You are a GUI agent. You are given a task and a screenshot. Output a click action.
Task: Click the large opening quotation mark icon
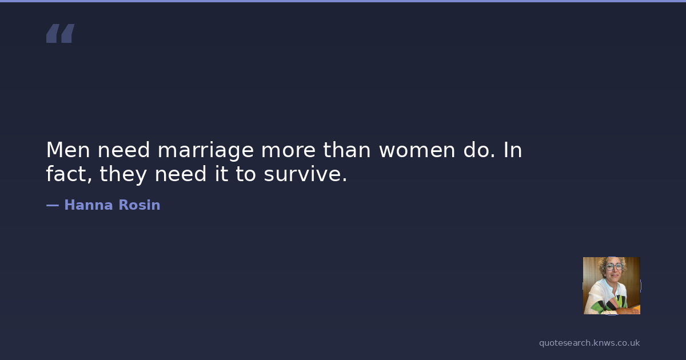(x=61, y=33)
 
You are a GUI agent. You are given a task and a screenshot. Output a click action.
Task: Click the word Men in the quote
(x=68, y=150)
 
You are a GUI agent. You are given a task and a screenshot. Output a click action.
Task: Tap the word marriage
(x=205, y=151)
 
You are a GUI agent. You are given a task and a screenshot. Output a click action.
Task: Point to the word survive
(x=305, y=174)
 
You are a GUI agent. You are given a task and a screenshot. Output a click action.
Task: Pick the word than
(x=346, y=150)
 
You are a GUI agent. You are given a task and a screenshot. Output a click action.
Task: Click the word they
(x=123, y=174)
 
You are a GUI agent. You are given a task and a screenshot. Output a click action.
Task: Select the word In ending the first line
(x=513, y=150)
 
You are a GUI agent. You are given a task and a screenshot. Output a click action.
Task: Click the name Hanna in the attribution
(x=89, y=205)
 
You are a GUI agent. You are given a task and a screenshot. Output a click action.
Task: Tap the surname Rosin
(x=139, y=205)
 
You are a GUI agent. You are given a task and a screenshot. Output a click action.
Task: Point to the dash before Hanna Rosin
(x=53, y=205)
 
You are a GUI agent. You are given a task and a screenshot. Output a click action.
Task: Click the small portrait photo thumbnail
(x=612, y=286)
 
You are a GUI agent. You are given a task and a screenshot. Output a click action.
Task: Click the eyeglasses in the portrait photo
(x=614, y=266)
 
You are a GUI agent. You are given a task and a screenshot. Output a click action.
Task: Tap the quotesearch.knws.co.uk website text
(x=589, y=343)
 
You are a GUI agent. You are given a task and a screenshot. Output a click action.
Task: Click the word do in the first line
(x=479, y=150)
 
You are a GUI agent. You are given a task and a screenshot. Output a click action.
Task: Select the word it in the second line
(x=221, y=173)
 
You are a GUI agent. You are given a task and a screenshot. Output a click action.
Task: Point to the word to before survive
(x=246, y=174)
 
